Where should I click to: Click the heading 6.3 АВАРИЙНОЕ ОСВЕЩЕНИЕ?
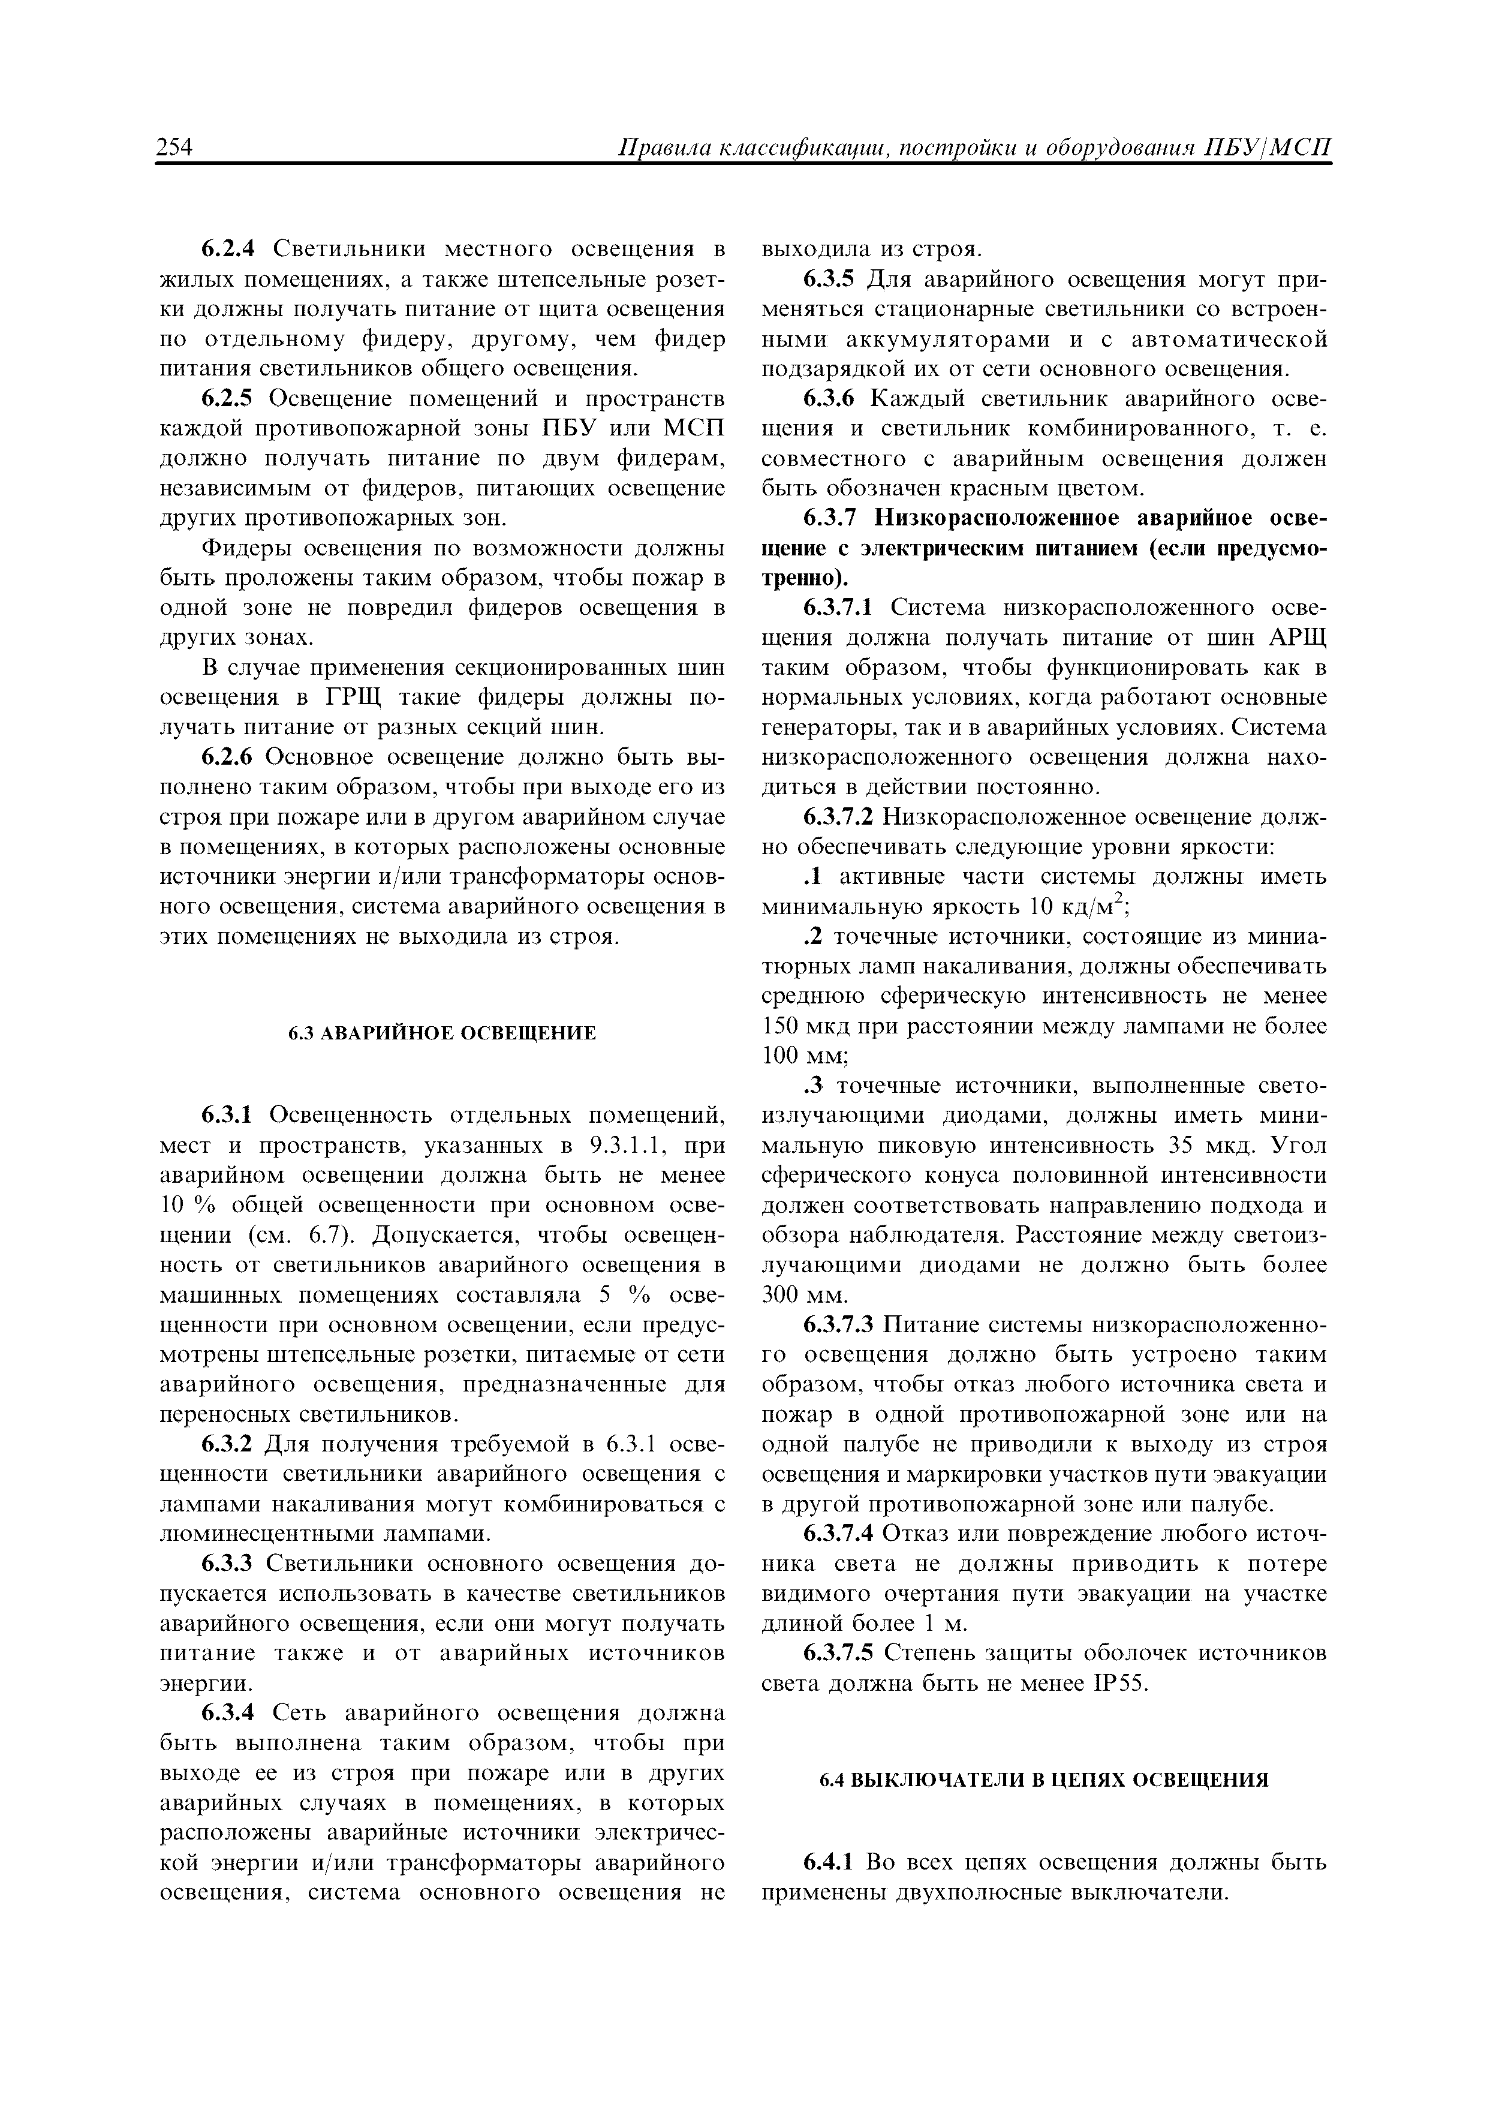point(443,1033)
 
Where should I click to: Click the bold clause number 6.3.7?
point(831,519)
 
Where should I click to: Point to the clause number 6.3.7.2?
point(840,817)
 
